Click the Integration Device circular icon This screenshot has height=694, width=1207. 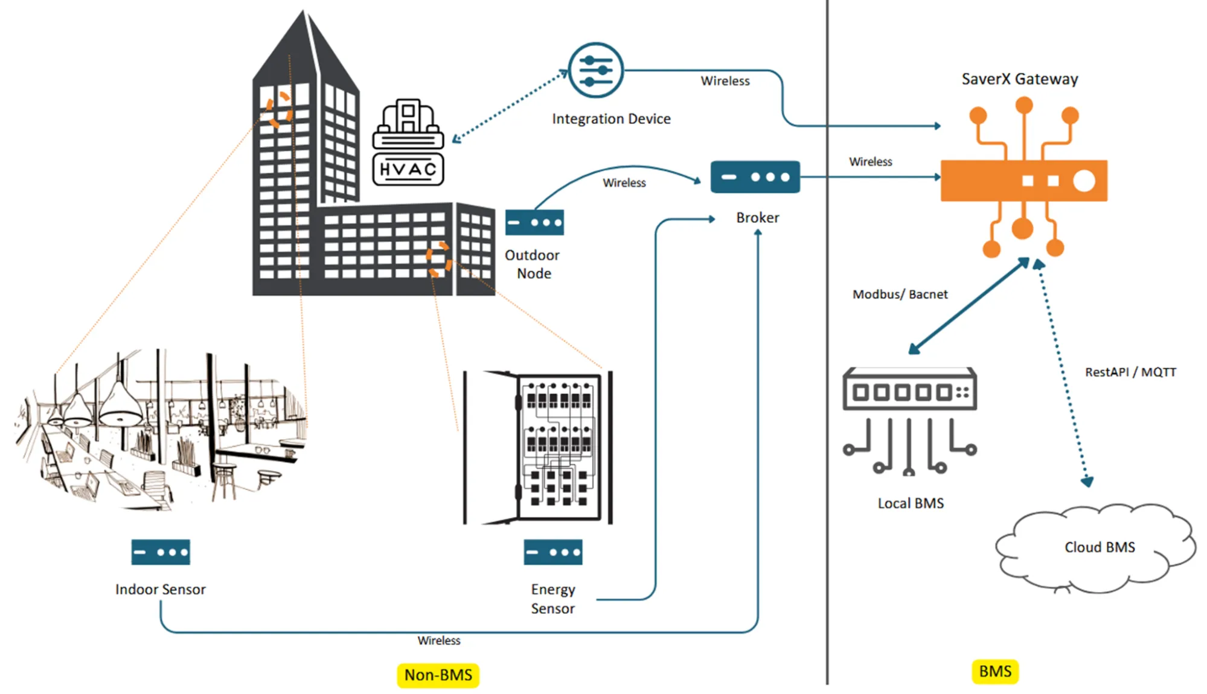595,70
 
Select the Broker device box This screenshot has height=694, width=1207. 755,177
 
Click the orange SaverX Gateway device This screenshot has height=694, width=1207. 1023,180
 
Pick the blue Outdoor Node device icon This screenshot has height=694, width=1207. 534,222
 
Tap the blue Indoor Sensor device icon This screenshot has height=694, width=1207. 161,552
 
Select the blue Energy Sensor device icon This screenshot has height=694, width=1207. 553,552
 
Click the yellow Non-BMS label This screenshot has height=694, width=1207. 438,675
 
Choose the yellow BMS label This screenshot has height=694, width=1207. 995,671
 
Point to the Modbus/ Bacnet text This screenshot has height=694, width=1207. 900,294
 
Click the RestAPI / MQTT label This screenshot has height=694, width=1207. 1130,372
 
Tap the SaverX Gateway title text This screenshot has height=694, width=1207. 1019,79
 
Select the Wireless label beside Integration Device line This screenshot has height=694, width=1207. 725,81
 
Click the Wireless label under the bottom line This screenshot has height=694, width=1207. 438,640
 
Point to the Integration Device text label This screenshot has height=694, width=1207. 611,119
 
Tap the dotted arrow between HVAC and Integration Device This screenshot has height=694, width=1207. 510,106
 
